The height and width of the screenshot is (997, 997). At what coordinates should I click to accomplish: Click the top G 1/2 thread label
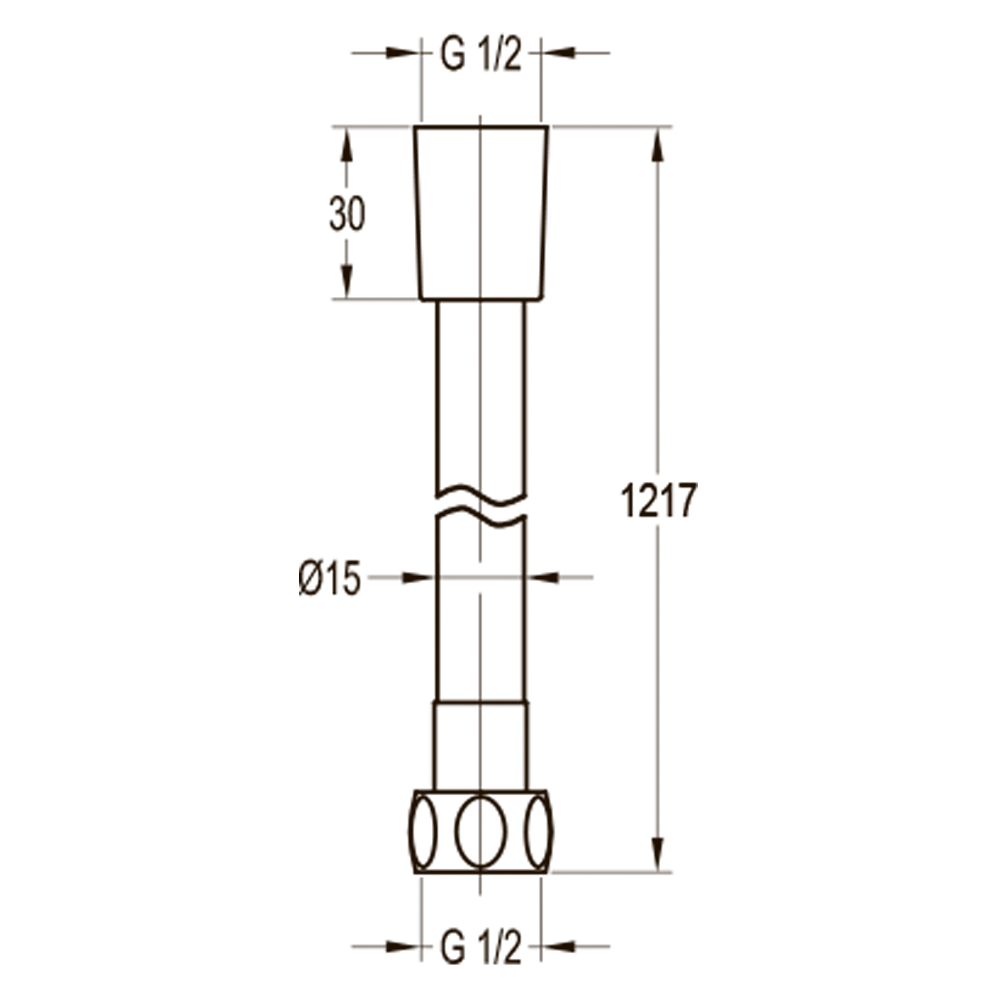[480, 55]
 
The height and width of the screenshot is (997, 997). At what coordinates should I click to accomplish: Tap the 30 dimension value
[347, 213]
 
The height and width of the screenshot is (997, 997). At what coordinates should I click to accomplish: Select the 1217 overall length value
[658, 501]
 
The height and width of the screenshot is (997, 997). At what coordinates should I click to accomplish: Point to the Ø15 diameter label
[329, 578]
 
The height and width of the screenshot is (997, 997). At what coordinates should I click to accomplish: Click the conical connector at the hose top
[480, 211]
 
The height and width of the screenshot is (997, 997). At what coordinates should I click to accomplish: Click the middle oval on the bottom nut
[480, 832]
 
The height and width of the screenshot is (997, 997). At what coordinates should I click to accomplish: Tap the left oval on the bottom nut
[423, 832]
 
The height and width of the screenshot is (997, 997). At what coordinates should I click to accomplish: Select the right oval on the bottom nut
[538, 832]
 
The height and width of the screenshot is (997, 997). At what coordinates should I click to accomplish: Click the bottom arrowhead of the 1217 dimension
[657, 853]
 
